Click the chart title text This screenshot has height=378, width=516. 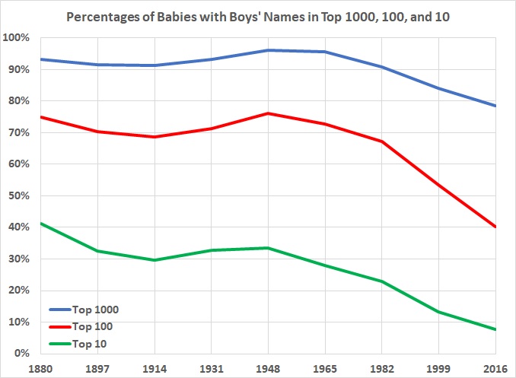click(258, 16)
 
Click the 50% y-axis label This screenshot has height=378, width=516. click(17, 195)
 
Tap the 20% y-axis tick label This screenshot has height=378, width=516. click(17, 291)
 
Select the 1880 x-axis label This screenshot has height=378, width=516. click(39, 367)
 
